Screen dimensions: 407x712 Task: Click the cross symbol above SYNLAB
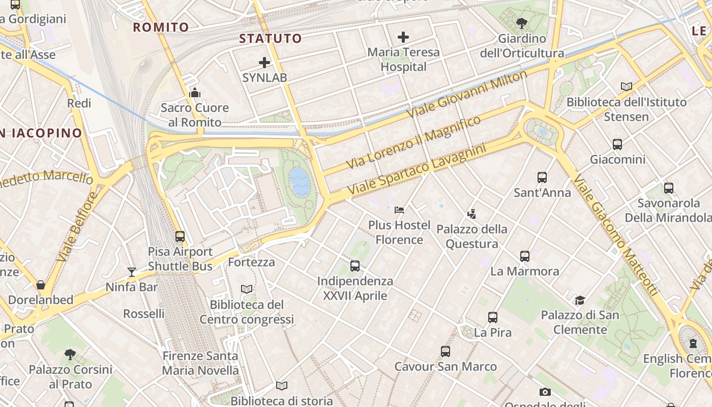click(264, 63)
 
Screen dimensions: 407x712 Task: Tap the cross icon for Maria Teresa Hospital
click(403, 37)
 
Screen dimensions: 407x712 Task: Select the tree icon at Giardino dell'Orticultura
click(521, 23)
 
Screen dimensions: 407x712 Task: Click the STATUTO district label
click(271, 38)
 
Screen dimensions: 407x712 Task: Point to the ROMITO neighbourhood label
click(161, 27)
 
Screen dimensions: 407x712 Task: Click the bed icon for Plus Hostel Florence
click(399, 210)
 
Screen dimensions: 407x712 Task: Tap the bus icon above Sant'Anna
click(542, 178)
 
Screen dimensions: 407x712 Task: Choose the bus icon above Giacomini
click(617, 144)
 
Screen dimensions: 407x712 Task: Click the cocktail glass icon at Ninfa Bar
click(132, 272)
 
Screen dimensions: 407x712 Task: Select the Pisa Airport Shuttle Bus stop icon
click(180, 237)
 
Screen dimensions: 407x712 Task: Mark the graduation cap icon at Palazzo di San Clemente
click(580, 300)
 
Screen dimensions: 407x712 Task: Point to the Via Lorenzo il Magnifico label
click(413, 142)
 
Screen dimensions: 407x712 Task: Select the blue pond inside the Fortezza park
click(299, 182)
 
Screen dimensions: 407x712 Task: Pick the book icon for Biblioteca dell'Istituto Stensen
click(627, 87)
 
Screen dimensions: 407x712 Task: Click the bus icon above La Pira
click(493, 317)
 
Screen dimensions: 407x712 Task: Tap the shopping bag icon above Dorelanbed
click(41, 285)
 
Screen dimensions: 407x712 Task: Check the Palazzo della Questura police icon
click(472, 214)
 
